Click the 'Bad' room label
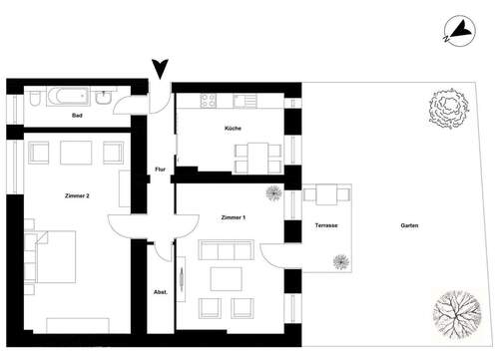point(77,117)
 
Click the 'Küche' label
point(234,130)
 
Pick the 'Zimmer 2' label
point(76,195)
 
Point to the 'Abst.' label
point(160,292)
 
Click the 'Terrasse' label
point(325,226)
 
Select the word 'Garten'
point(409,226)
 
